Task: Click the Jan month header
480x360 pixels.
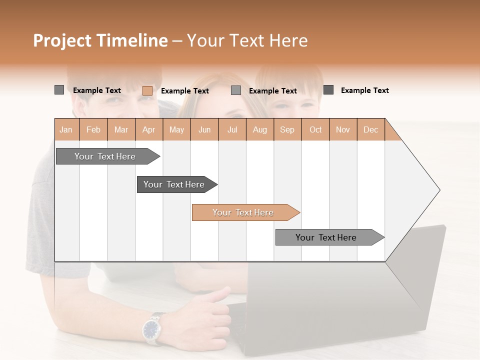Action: click(x=66, y=129)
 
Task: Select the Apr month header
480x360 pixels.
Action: click(x=149, y=129)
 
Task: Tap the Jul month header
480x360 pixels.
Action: click(x=232, y=129)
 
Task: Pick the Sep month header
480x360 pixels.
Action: click(x=287, y=129)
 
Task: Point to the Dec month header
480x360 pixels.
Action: click(x=370, y=129)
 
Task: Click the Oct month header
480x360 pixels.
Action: click(x=315, y=129)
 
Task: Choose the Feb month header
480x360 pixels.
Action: click(x=93, y=129)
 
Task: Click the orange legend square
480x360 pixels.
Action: click(x=147, y=90)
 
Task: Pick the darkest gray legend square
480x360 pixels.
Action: click(x=328, y=90)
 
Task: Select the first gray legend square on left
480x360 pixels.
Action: click(x=59, y=90)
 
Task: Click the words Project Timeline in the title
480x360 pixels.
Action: click(x=100, y=40)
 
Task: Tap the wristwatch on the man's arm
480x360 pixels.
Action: click(x=152, y=329)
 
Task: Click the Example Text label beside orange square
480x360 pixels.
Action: click(x=184, y=91)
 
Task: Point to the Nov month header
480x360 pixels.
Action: click(x=343, y=129)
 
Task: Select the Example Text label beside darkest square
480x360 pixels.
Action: click(x=364, y=90)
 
